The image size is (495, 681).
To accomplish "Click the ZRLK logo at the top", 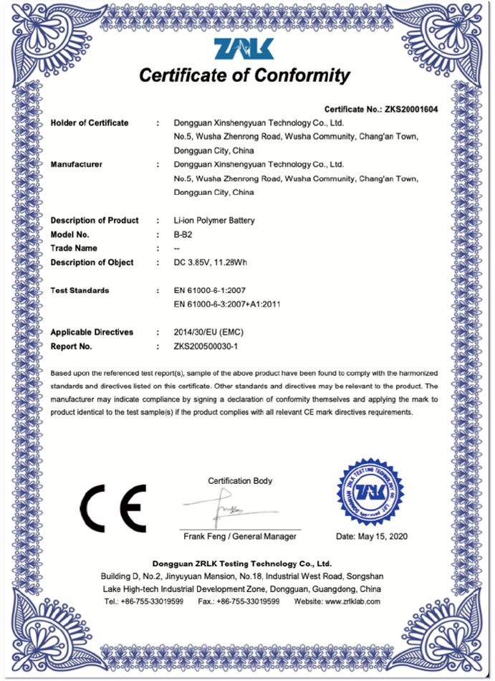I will (244, 49).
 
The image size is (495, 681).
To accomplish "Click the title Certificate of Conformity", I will (244, 76).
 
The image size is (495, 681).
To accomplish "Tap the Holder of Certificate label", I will (90, 123).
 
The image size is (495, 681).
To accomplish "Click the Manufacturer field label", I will (77, 165).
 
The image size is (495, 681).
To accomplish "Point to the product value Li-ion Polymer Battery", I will (214, 221).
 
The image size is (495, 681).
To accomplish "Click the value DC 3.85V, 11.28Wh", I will (211, 262).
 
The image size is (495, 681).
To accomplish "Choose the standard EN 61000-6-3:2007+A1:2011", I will (227, 304).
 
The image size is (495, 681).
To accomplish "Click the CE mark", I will (112, 507).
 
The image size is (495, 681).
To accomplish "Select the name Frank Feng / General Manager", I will (239, 536).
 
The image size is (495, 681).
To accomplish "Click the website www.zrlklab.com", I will (352, 601).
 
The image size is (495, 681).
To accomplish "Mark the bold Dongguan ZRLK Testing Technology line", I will (242, 563).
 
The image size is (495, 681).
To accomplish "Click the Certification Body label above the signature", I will (240, 481).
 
